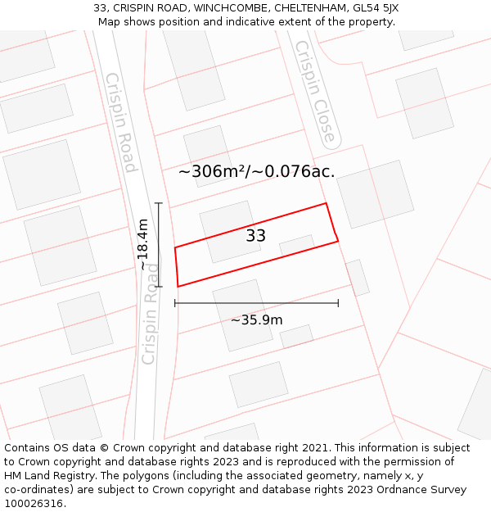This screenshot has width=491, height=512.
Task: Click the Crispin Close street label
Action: pos(315,92)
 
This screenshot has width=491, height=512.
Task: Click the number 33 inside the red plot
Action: pos(255,236)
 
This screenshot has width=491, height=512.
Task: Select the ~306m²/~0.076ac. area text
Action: pos(256,171)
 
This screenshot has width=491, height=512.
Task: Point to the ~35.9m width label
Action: pos(256,319)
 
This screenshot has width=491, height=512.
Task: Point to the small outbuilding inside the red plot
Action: pos(296,245)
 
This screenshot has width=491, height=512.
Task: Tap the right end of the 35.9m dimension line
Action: pos(338,303)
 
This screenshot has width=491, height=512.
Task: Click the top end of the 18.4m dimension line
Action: pos(159,203)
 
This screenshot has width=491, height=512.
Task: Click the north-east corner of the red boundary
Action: pos(327,203)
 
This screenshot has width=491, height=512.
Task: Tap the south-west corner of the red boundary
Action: pos(178,287)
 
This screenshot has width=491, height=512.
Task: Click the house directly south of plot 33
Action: pos(243,315)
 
